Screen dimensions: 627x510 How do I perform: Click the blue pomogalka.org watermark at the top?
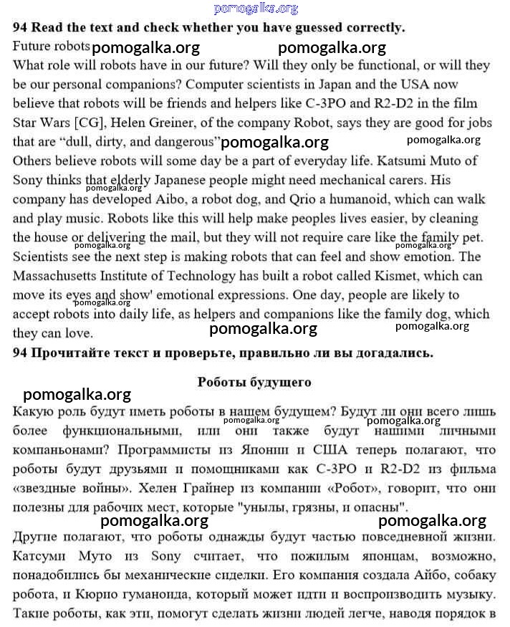(255, 9)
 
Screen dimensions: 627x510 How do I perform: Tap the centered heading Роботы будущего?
(254, 382)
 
